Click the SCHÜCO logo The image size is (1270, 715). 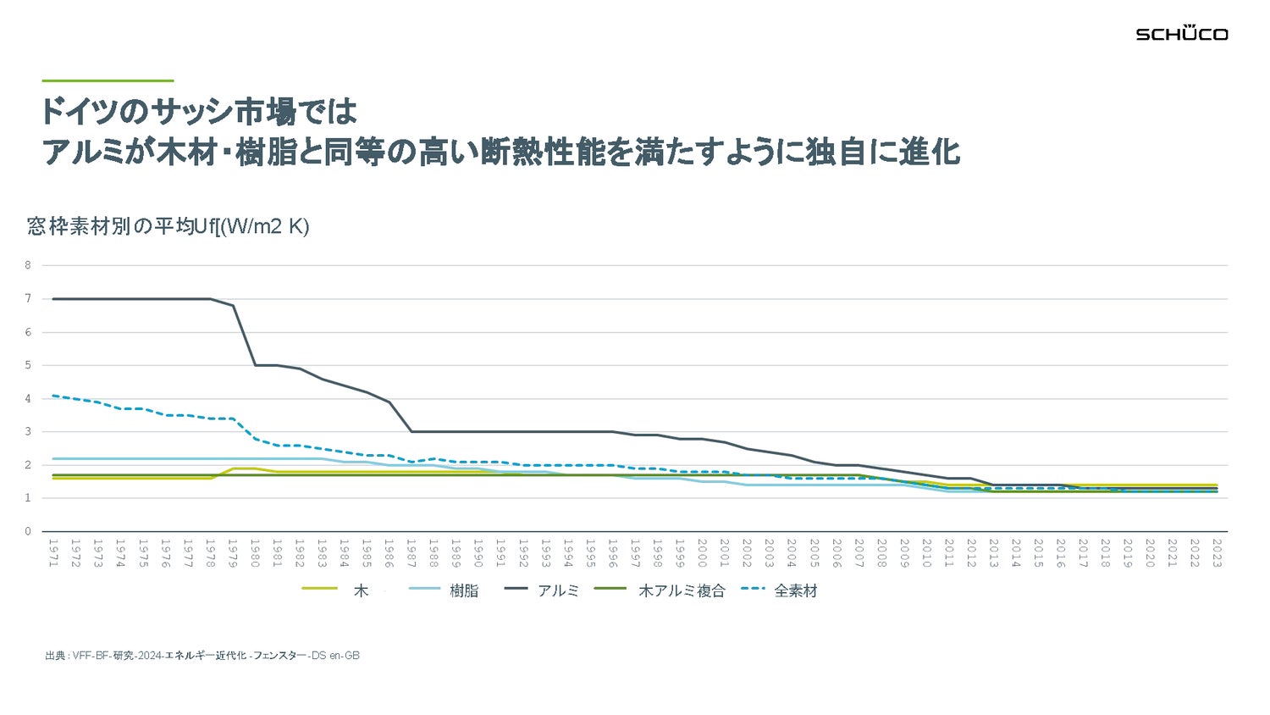click(x=1181, y=33)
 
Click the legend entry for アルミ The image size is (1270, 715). click(x=542, y=590)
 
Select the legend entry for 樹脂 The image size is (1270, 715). click(x=444, y=590)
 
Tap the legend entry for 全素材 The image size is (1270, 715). click(x=779, y=590)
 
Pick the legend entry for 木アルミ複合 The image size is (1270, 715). click(x=660, y=590)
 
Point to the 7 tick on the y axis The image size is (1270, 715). click(x=28, y=298)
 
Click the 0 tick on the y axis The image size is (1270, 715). click(x=28, y=531)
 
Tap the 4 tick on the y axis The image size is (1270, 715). click(x=28, y=398)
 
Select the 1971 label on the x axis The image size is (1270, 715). click(x=52, y=553)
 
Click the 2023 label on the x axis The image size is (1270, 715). click(x=1217, y=553)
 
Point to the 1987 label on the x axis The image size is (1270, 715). click(x=411, y=553)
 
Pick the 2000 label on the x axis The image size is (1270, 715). click(x=702, y=553)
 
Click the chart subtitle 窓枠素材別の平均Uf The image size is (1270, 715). click(x=168, y=226)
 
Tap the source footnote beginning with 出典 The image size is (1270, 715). click(x=202, y=656)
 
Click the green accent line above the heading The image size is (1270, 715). click(x=108, y=80)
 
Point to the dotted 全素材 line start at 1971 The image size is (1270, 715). click(x=52, y=395)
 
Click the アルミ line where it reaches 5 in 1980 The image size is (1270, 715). click(x=255, y=365)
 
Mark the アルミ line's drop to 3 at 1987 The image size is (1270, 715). click(x=411, y=431)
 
